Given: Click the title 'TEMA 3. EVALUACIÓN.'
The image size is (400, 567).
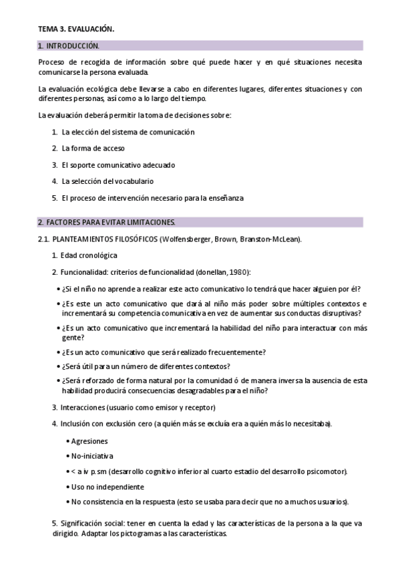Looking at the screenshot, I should (x=75, y=29).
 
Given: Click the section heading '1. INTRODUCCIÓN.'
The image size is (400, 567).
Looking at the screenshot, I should (x=68, y=46).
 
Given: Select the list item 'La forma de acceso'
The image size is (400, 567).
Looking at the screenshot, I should (x=93, y=148).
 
